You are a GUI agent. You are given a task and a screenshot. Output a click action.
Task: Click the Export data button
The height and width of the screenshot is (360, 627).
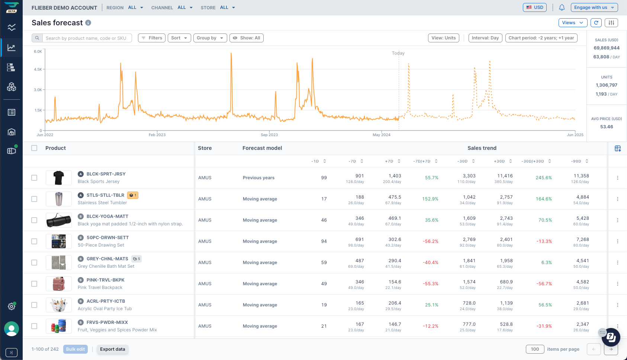pyautogui.click(x=112, y=349)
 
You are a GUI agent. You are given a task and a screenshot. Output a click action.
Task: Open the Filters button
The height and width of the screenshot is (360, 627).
pyautogui.click(x=152, y=38)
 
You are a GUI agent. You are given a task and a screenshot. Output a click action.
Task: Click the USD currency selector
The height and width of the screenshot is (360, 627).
pyautogui.click(x=534, y=7)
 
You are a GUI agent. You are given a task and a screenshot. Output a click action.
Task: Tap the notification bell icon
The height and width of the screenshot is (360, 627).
pyautogui.click(x=562, y=7)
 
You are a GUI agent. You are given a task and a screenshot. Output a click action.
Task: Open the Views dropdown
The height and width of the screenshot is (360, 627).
pyautogui.click(x=572, y=23)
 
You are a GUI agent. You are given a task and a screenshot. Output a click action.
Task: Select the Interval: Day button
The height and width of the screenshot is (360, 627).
pyautogui.click(x=485, y=38)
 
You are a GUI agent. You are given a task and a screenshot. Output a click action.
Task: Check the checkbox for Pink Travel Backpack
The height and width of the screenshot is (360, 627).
pyautogui.click(x=34, y=284)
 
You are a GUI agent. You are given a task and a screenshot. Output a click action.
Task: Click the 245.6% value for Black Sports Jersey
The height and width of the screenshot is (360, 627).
pyautogui.click(x=543, y=178)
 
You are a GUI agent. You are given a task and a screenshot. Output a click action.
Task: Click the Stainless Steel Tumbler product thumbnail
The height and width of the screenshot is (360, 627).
pyautogui.click(x=59, y=199)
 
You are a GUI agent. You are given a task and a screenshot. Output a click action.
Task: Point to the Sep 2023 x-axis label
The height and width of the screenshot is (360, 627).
pyautogui.click(x=269, y=135)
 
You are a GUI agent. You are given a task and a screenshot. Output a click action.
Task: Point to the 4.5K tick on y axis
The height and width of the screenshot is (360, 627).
pyautogui.click(x=38, y=69)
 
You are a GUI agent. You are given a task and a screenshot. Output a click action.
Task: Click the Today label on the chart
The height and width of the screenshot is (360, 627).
pyautogui.click(x=398, y=53)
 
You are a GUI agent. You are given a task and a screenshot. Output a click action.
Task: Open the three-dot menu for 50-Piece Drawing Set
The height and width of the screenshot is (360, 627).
pyautogui.click(x=617, y=241)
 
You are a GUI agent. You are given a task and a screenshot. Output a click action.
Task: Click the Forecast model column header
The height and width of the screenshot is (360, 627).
pyautogui.click(x=262, y=148)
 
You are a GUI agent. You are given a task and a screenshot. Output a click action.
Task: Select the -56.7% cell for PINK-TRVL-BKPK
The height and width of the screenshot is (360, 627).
pyautogui.click(x=544, y=284)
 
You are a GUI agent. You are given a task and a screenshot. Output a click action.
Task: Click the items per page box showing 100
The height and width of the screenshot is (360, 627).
pyautogui.click(x=535, y=349)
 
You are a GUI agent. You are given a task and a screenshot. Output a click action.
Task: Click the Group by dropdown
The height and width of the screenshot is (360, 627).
pyautogui.click(x=210, y=38)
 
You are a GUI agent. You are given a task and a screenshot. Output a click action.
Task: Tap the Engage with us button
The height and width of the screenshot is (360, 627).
pyautogui.click(x=594, y=7)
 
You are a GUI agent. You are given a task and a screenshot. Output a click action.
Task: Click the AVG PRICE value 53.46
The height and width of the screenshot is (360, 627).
pyautogui.click(x=606, y=127)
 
